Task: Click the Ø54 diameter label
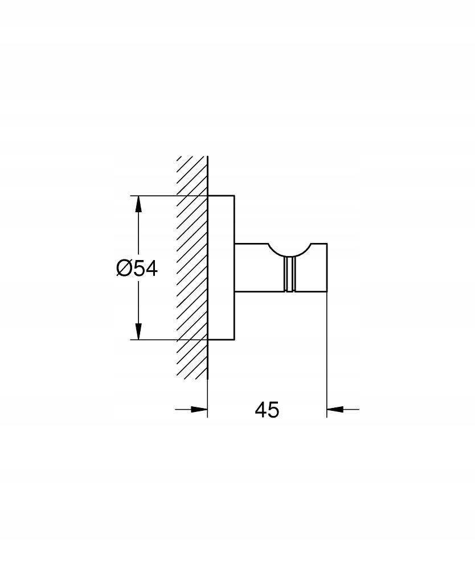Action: pyautogui.click(x=137, y=269)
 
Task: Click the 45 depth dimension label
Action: pyautogui.click(x=267, y=410)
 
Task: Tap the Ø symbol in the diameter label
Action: pyautogui.click(x=124, y=269)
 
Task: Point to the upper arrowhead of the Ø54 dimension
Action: pyautogui.click(x=138, y=204)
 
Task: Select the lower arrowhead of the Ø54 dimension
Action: pyautogui.click(x=138, y=331)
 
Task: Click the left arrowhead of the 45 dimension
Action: pyautogui.click(x=199, y=409)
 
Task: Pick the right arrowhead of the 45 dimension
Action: pyautogui.click(x=335, y=409)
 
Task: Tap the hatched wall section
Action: pyautogui.click(x=192, y=269)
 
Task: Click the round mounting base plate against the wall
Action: pyautogui.click(x=221, y=268)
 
